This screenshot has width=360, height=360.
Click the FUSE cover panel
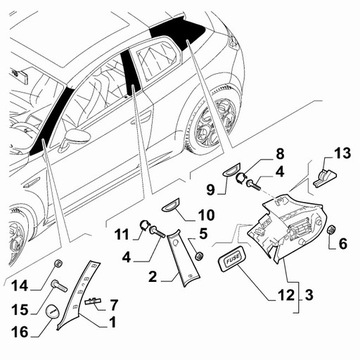tap(232, 260)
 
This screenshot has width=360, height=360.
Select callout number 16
tap(21, 331)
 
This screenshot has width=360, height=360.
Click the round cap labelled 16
tap(52, 312)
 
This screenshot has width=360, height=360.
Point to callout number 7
tap(114, 305)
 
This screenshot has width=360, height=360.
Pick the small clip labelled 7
tap(93, 301)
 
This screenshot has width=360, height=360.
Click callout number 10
tap(206, 215)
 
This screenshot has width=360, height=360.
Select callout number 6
tap(342, 244)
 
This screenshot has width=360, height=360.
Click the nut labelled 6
tap(332, 230)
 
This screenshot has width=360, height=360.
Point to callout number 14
tap(20, 286)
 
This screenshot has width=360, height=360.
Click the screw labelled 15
tap(59, 286)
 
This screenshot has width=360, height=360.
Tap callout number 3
tap(309, 295)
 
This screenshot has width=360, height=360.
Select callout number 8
tap(279, 154)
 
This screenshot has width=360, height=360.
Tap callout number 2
tap(152, 276)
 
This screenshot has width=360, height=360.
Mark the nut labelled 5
tap(199, 256)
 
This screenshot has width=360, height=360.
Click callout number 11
tap(121, 234)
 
